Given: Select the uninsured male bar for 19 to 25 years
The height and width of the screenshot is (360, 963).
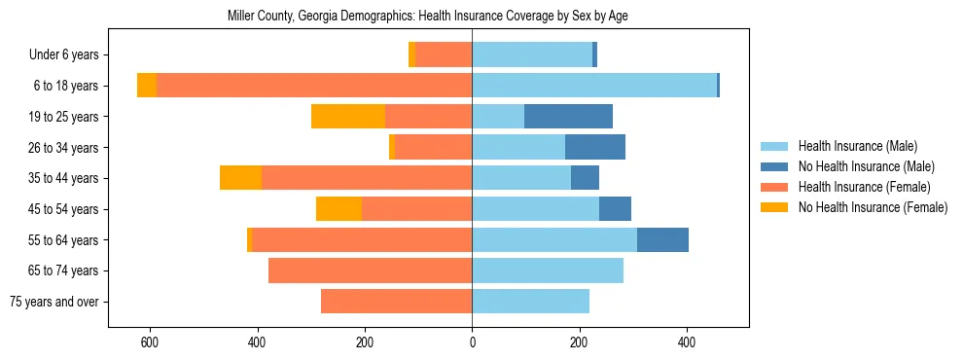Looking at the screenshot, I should pyautogui.click(x=568, y=117).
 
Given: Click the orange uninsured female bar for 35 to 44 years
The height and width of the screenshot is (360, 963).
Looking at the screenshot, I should pyautogui.click(x=240, y=178).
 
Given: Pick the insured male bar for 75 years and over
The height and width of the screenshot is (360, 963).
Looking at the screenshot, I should pyautogui.click(x=530, y=302).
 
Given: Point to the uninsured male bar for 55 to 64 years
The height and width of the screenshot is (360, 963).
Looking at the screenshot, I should pyautogui.click(x=662, y=240).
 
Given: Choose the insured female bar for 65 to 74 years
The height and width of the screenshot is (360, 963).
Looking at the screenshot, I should pyautogui.click(x=370, y=270).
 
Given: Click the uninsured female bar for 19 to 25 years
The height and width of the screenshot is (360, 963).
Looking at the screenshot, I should pyautogui.click(x=348, y=117).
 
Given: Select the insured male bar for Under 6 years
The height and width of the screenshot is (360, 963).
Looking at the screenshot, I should pyautogui.click(x=532, y=54).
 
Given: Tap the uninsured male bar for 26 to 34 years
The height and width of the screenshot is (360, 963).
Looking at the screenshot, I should pyautogui.click(x=595, y=147).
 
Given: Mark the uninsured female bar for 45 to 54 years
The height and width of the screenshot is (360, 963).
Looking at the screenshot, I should pyautogui.click(x=339, y=209).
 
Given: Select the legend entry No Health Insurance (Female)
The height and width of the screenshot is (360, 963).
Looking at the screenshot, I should pyautogui.click(x=873, y=207).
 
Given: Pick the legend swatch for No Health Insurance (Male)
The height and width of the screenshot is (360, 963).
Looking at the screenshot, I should pyautogui.click(x=775, y=166).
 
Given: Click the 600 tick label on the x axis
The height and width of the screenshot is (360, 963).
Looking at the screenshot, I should pyautogui.click(x=150, y=342).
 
